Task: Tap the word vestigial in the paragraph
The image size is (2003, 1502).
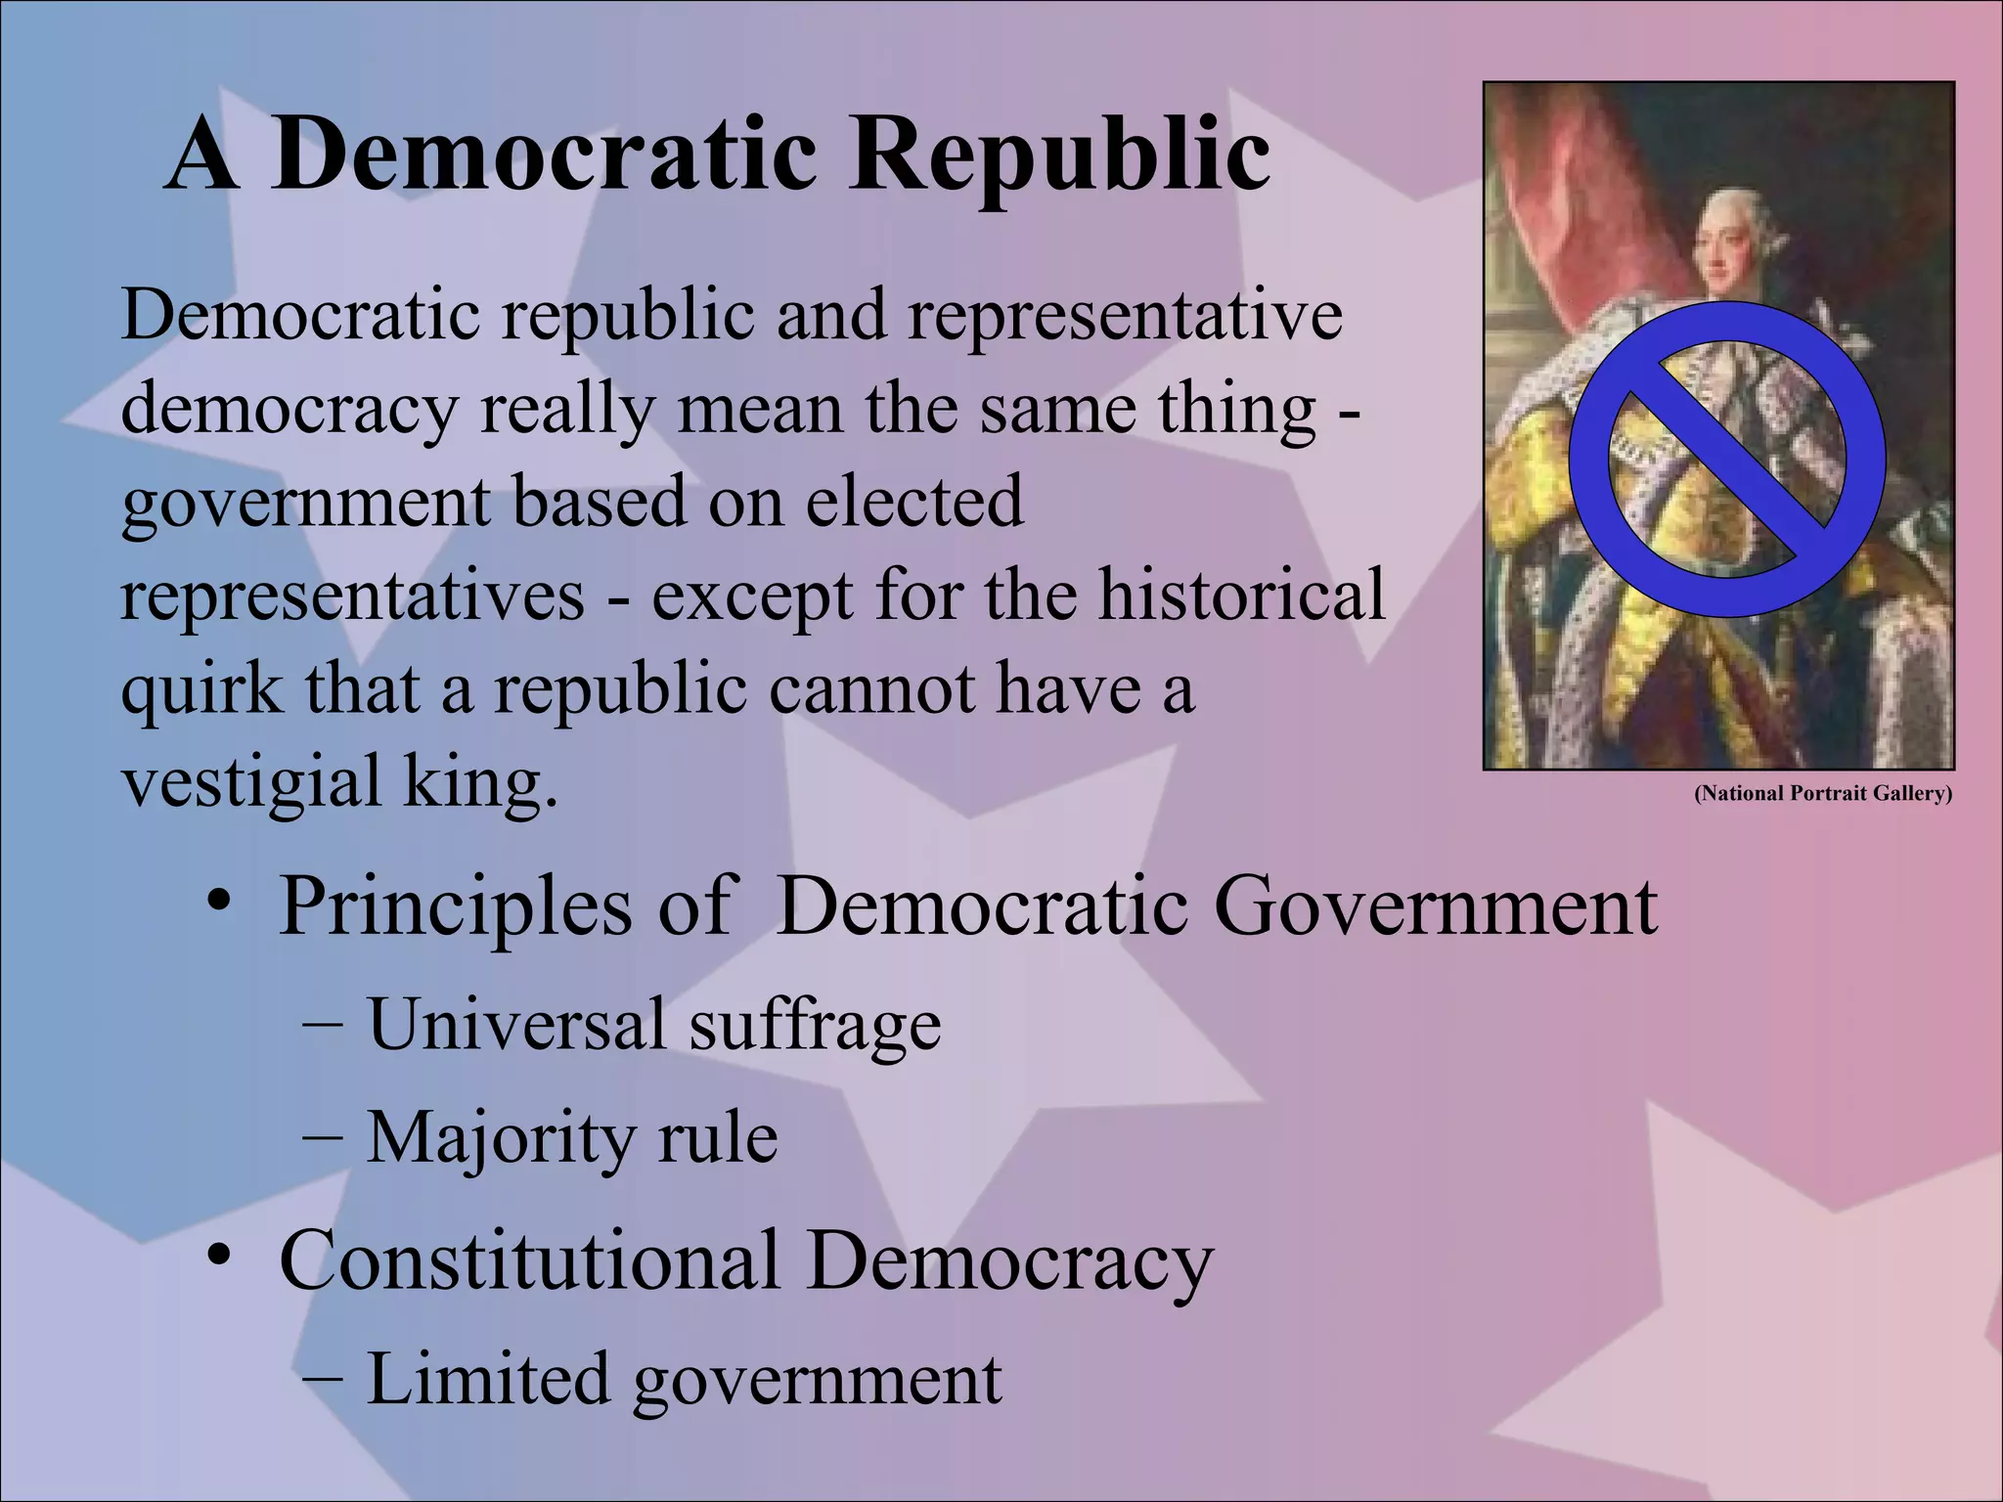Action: tap(250, 781)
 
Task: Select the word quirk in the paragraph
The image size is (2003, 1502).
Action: tap(200, 690)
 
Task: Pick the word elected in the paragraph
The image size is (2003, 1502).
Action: tap(914, 501)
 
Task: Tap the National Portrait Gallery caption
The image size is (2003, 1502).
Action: tap(1823, 793)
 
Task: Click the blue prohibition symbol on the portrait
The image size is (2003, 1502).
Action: tap(1727, 460)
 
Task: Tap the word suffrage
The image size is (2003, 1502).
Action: tap(815, 1025)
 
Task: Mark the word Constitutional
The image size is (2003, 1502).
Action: tap(529, 1260)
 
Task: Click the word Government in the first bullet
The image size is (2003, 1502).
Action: tap(1436, 906)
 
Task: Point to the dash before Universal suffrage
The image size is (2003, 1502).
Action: tap(322, 1024)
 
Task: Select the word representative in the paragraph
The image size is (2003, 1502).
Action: tap(1125, 315)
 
